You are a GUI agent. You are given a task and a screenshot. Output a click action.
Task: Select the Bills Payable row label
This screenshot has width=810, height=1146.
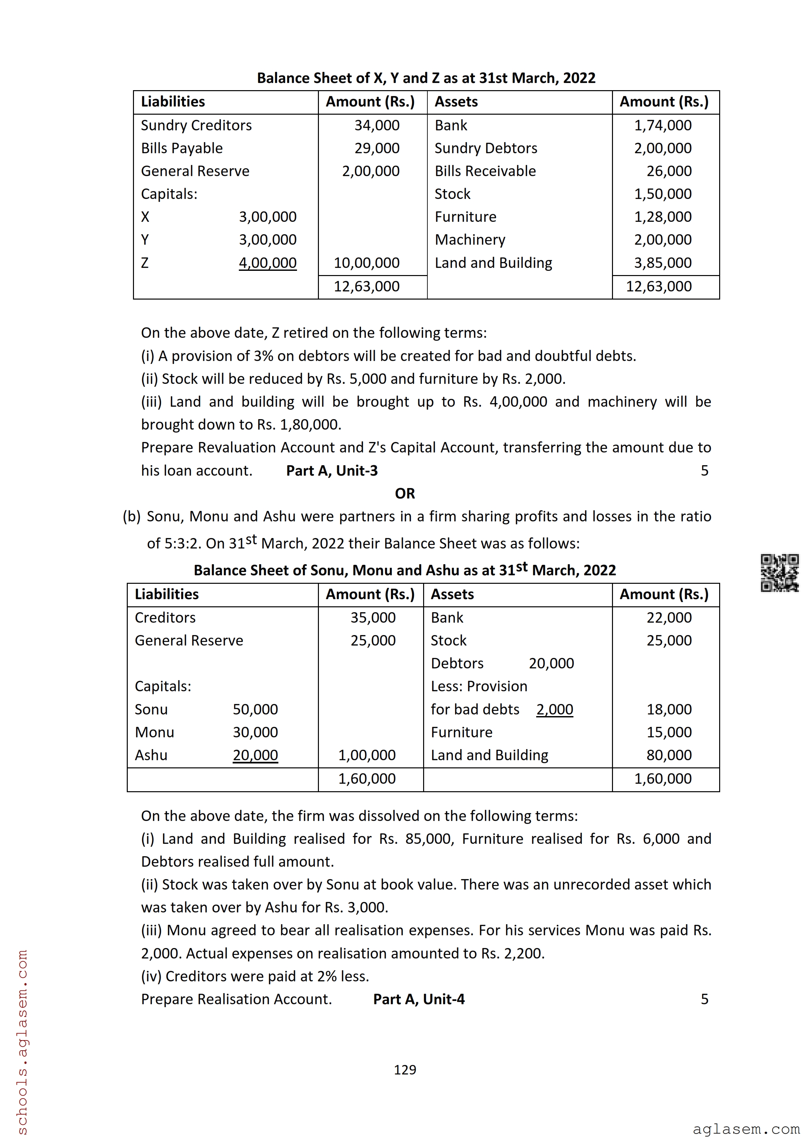182,148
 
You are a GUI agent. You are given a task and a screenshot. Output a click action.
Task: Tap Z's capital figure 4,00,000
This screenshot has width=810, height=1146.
268,263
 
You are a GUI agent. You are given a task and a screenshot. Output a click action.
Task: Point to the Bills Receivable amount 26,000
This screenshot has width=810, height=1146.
669,171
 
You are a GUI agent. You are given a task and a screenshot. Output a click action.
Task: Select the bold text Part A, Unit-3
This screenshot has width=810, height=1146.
332,471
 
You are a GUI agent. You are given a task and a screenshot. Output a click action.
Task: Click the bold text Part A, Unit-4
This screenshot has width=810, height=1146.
419,999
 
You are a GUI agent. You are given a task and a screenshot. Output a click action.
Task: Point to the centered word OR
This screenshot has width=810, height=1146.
405,494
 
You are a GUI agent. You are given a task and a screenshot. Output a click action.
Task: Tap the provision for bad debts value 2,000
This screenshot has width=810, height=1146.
554,709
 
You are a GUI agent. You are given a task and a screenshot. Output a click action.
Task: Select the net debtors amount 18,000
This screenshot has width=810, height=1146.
669,709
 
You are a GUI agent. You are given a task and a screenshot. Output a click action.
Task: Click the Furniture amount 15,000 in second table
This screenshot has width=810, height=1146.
669,732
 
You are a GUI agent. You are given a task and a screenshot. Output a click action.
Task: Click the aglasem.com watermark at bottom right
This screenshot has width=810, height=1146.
746,1129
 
